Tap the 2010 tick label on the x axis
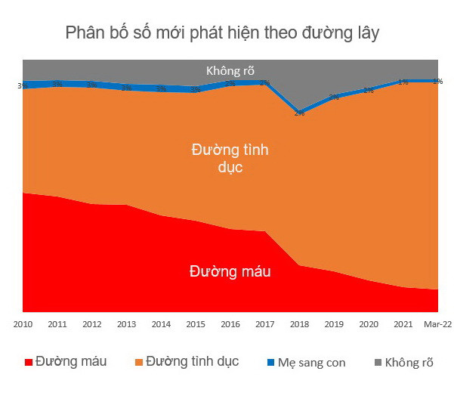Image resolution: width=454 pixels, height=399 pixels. (x=23, y=324)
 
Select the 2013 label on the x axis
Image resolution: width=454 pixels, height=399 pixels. (x=127, y=324)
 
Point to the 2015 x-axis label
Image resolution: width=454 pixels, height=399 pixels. (x=196, y=324)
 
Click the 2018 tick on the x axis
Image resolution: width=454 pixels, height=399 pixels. (x=300, y=324)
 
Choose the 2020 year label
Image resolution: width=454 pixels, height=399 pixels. (x=369, y=324)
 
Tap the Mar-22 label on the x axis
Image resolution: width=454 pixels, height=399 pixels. (x=437, y=324)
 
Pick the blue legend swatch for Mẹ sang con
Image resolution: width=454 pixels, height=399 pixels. (x=274, y=362)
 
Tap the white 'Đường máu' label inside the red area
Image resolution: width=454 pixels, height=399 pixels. (x=230, y=271)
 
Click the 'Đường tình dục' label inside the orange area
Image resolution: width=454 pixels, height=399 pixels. (x=230, y=158)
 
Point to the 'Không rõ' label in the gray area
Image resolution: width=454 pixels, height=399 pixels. (x=230, y=71)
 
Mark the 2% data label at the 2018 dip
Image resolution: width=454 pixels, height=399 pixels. (x=299, y=113)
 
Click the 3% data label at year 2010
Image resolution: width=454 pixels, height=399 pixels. (x=22, y=85)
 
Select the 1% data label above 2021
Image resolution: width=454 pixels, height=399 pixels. (x=403, y=82)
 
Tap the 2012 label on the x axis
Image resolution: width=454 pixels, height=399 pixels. (x=92, y=324)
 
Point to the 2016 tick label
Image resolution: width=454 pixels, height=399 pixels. (x=230, y=324)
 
